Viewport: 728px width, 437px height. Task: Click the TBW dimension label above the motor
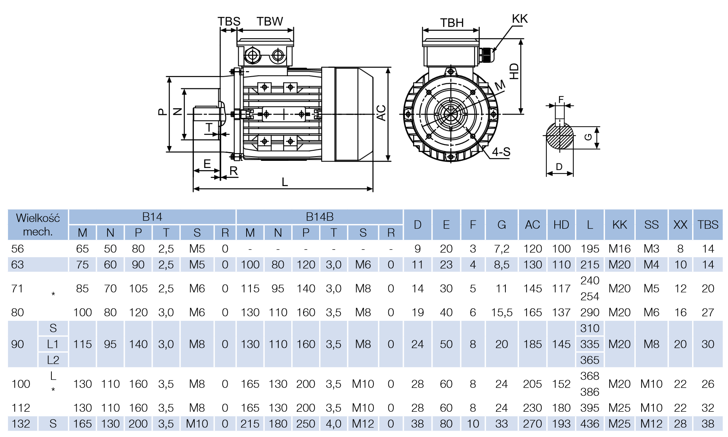[269, 21]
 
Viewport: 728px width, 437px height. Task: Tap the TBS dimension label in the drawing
[229, 21]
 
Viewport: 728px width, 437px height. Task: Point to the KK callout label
[519, 19]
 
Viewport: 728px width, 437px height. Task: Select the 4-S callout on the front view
[501, 152]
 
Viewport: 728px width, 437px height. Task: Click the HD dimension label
[514, 71]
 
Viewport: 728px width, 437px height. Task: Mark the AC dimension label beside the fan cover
[381, 113]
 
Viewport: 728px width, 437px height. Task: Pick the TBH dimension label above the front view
[452, 23]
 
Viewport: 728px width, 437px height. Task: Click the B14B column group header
[320, 217]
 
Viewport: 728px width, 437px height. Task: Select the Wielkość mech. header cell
[38, 224]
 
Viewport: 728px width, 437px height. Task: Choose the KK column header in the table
[619, 225]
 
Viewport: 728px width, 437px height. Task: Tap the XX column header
[680, 225]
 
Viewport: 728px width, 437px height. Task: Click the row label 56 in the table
[18, 249]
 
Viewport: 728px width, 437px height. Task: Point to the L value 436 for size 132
[589, 424]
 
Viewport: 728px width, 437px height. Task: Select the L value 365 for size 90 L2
[589, 360]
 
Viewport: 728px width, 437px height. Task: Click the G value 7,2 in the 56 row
[501, 249]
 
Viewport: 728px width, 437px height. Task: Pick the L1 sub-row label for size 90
[53, 344]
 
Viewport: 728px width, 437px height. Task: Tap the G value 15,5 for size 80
[501, 312]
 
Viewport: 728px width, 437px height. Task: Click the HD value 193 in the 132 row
[561, 424]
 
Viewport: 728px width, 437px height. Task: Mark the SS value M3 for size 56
[651, 249]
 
